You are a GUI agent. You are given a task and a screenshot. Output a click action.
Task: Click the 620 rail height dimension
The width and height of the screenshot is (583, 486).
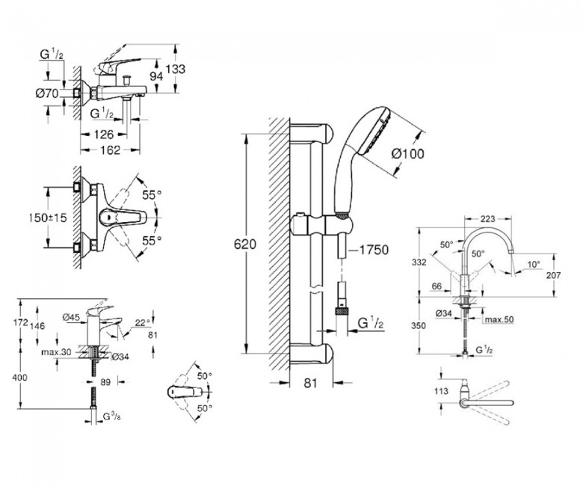236,244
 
